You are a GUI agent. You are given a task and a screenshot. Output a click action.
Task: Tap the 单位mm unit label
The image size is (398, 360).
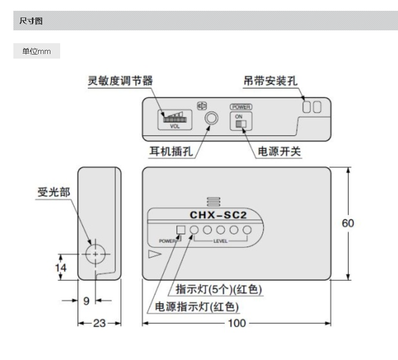coord(36,51)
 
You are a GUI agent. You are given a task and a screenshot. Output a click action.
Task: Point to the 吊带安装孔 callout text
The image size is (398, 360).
coord(270,81)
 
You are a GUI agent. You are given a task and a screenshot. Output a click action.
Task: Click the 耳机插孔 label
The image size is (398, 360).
coord(170,153)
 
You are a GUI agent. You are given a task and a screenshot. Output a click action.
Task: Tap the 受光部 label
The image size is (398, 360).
coord(49,192)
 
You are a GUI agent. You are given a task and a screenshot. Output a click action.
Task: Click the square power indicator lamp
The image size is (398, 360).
coord(180,230)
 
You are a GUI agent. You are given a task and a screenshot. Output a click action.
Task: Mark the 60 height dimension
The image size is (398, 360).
coord(348,223)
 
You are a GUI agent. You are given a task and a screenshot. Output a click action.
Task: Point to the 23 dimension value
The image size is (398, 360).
coord(99,323)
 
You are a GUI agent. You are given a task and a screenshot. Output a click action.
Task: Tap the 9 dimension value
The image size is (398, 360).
coord(86,300)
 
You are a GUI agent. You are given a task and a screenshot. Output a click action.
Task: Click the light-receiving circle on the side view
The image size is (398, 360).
coord(95,254)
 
